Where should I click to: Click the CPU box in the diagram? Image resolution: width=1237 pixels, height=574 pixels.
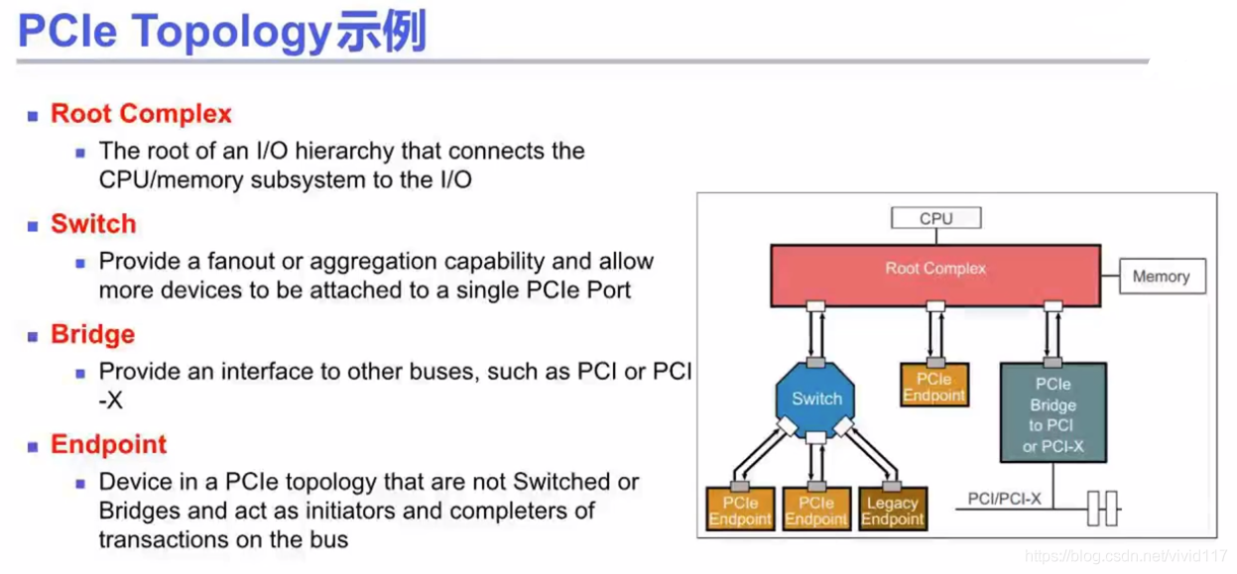click(x=935, y=218)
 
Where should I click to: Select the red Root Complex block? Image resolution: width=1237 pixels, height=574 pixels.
click(x=935, y=275)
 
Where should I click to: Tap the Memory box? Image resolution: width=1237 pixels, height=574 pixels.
click(x=1162, y=277)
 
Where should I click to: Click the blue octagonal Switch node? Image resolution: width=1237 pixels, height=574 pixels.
click(x=816, y=399)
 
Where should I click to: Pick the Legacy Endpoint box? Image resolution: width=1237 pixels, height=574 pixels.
click(x=892, y=511)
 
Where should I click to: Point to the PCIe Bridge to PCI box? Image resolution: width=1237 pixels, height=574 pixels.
click(x=1052, y=414)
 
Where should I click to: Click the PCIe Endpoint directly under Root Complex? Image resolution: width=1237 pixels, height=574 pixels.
click(x=934, y=387)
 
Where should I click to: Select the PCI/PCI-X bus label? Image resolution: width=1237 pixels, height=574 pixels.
click(x=1005, y=499)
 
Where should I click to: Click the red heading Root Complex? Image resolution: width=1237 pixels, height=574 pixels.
click(x=141, y=114)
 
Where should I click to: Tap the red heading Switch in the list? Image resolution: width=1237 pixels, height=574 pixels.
click(x=93, y=224)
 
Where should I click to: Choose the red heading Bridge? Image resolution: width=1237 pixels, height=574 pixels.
click(x=92, y=334)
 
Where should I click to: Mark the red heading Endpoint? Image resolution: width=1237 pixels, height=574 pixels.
click(x=109, y=444)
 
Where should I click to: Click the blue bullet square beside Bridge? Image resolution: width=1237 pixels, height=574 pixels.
click(x=33, y=336)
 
